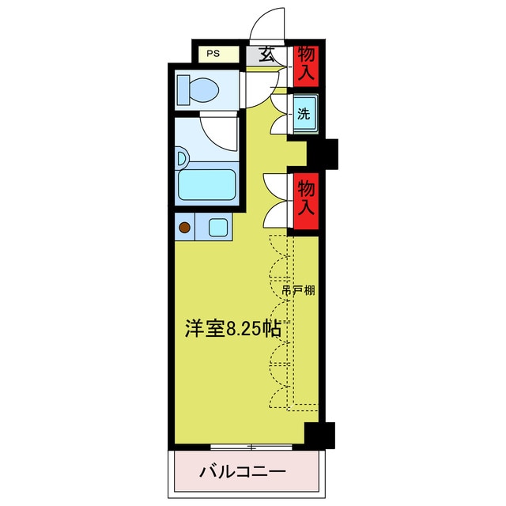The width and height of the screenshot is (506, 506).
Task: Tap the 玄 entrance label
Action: coord(267,55)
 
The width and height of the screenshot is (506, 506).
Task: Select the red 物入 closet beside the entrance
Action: coord(307,66)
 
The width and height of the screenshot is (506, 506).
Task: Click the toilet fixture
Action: coord(197,89)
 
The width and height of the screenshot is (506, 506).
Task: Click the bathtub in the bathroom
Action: coord(208,185)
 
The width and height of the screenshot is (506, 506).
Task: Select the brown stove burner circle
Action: coord(185,228)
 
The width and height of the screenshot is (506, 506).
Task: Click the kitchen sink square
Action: coord(218,228)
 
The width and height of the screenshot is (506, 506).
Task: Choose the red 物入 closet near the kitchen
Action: coord(307,198)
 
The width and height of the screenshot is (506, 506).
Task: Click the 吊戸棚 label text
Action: coord(299,290)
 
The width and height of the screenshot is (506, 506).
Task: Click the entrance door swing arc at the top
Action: coord(267,24)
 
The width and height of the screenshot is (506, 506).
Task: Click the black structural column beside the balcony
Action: coord(319,435)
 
